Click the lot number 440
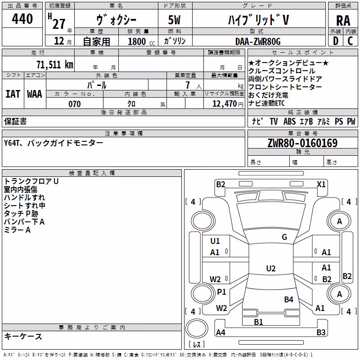click(22, 19)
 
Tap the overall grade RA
click(343, 21)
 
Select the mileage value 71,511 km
click(55, 64)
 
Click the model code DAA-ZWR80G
click(258, 41)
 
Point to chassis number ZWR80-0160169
click(302, 143)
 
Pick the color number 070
click(75, 104)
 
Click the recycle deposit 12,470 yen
click(228, 104)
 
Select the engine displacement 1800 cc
click(141, 41)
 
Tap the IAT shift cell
click(13, 94)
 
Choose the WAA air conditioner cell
click(35, 94)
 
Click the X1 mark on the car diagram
click(321, 184)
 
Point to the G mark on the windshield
click(284, 237)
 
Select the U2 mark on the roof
click(271, 268)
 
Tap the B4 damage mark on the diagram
click(288, 299)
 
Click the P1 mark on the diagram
click(221, 292)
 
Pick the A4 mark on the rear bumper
click(220, 332)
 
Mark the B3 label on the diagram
click(321, 332)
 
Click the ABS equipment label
click(289, 121)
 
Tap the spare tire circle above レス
click(197, 328)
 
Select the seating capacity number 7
click(188, 85)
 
